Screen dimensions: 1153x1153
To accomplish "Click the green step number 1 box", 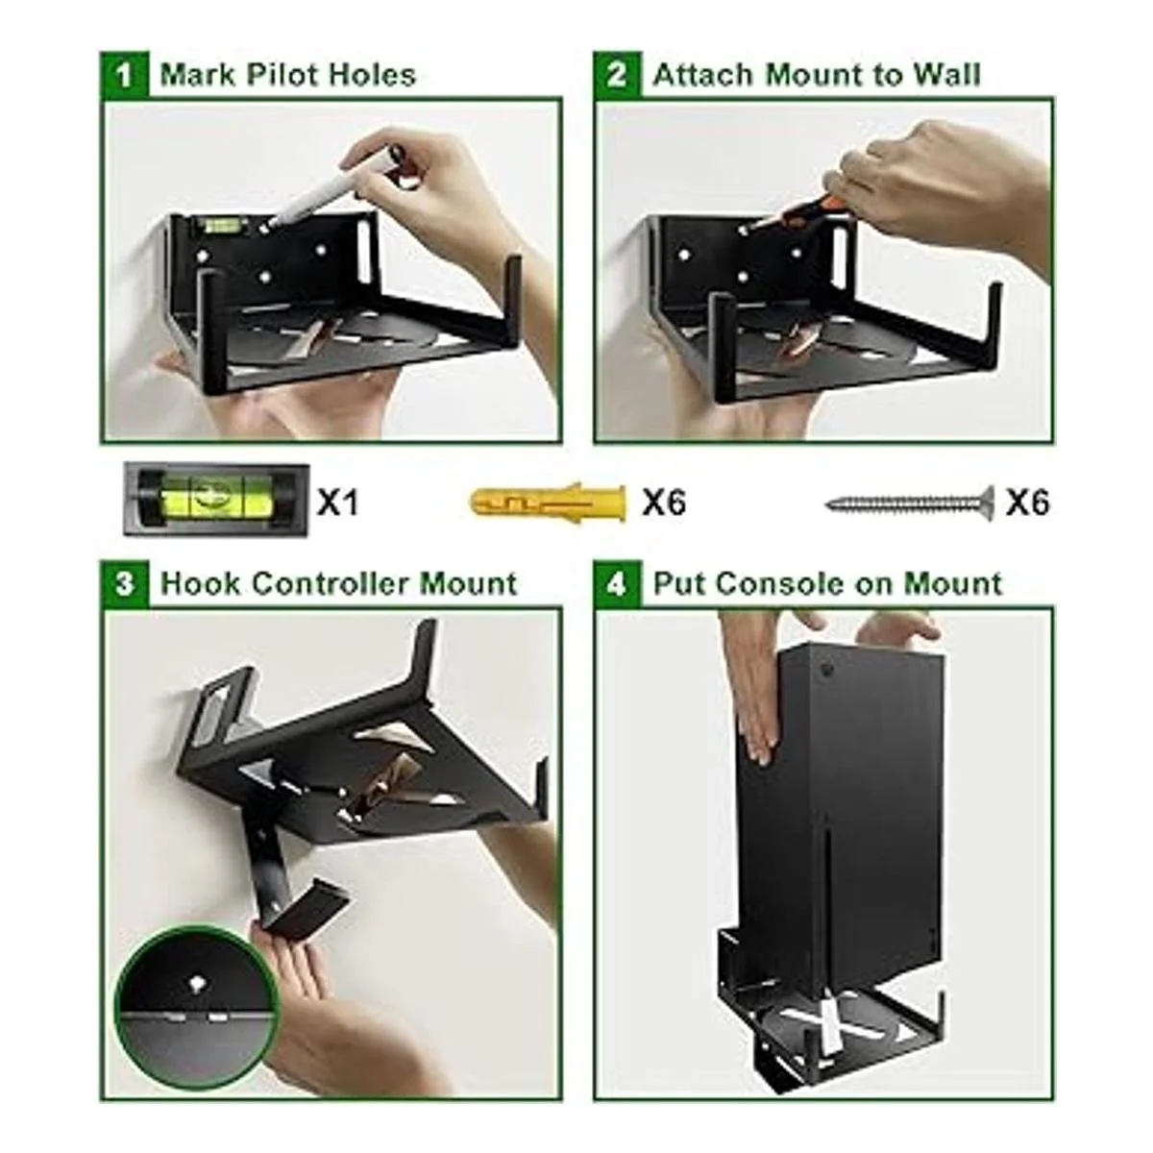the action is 124,75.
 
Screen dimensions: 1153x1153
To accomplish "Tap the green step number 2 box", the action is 618,75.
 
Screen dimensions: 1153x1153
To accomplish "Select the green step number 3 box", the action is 124,584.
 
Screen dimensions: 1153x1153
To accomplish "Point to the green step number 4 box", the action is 618,584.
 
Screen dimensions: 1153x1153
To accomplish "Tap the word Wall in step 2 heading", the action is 946,75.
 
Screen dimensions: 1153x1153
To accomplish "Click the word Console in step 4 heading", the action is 781,584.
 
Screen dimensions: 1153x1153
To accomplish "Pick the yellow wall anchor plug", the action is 549,503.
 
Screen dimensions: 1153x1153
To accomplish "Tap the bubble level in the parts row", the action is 216,500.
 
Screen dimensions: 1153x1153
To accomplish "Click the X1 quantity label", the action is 338,503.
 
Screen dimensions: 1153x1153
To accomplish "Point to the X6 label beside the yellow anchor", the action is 664,503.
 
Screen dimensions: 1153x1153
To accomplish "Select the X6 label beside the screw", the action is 1028,503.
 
